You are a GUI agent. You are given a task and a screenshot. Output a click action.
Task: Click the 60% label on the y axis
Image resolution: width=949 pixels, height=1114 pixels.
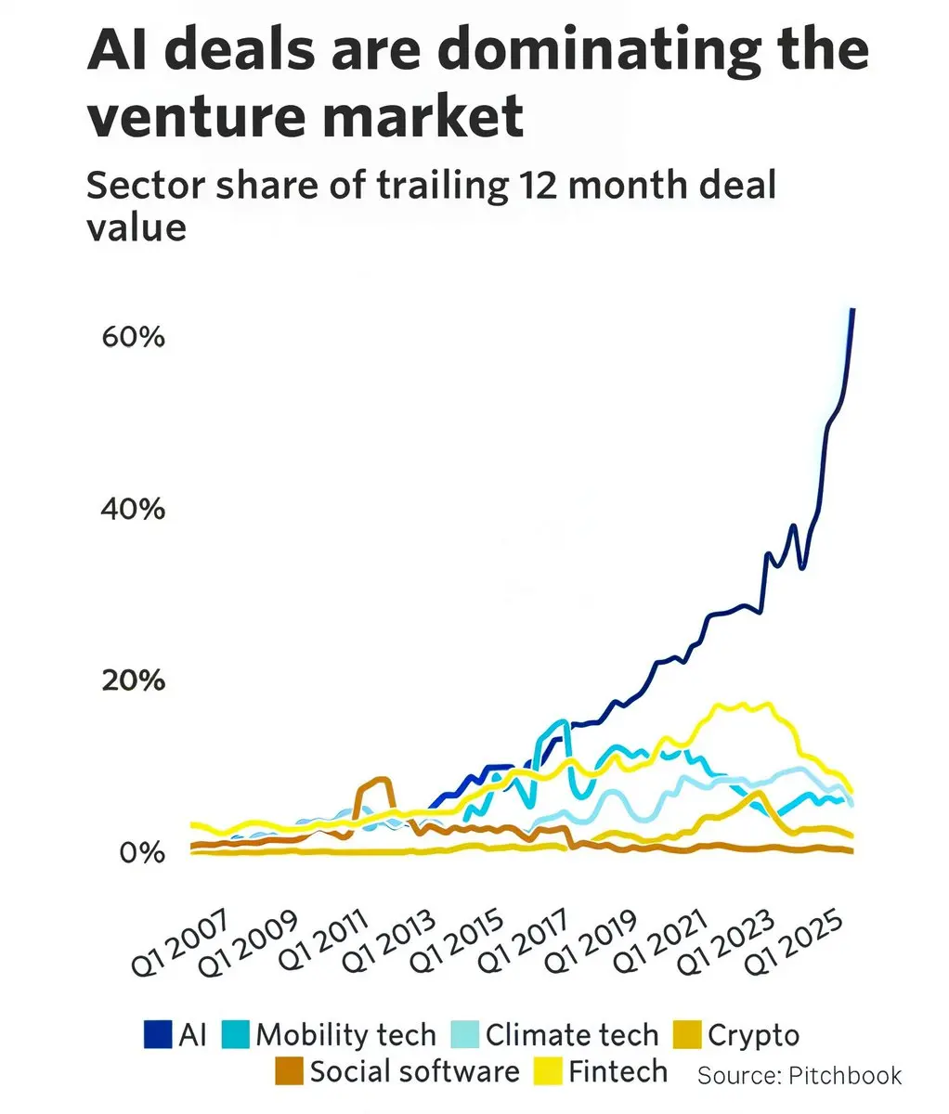click(x=132, y=337)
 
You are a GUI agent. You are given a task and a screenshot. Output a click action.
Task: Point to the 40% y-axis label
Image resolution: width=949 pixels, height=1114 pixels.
click(x=132, y=509)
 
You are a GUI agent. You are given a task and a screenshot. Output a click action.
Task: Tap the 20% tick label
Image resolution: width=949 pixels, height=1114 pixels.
click(x=132, y=680)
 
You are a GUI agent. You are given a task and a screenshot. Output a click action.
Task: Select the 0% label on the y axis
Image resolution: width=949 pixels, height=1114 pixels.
click(x=141, y=852)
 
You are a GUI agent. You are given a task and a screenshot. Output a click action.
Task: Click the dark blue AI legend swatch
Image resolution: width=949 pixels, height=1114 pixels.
click(x=157, y=1034)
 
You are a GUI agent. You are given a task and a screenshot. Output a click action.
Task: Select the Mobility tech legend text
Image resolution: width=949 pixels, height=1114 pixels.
click(x=345, y=1034)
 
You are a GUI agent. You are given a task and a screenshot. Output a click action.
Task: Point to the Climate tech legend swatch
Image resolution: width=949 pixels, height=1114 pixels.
click(x=464, y=1034)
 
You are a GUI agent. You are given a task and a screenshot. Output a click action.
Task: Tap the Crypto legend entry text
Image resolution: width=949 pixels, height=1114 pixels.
click(x=753, y=1034)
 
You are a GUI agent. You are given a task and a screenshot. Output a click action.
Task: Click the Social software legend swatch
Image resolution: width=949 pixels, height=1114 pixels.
click(x=289, y=1071)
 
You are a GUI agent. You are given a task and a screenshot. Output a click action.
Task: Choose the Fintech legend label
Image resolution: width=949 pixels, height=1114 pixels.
click(x=617, y=1071)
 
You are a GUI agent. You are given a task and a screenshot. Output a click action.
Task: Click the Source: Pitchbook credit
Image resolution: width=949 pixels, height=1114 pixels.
click(x=799, y=1075)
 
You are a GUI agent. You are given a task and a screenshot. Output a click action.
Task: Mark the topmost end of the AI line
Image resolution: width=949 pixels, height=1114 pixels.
click(x=853, y=309)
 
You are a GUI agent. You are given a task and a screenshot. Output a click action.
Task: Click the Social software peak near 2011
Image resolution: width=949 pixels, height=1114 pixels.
click(x=379, y=780)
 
